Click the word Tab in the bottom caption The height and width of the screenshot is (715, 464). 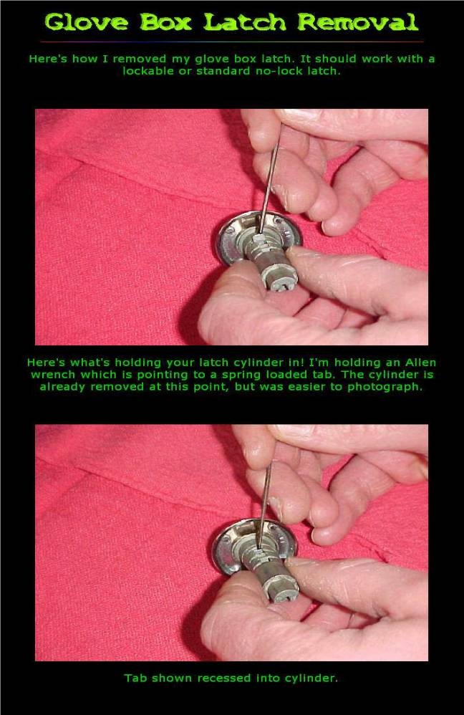pyautogui.click(x=135, y=677)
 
